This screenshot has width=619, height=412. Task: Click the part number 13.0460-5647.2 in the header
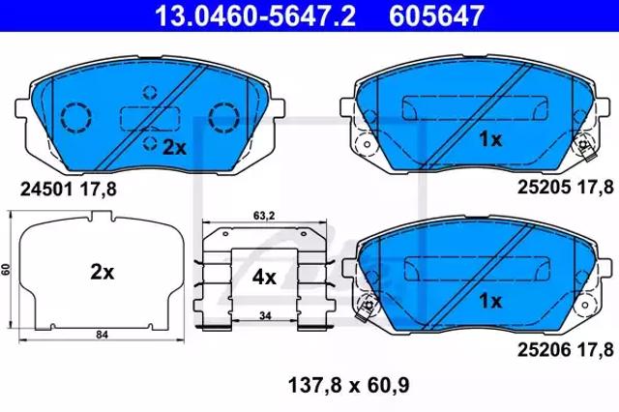click(x=255, y=15)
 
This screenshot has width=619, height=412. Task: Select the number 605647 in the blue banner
click(x=436, y=15)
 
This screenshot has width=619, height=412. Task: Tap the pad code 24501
click(x=46, y=190)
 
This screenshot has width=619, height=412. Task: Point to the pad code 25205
click(x=544, y=188)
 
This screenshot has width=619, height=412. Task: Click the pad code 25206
click(x=544, y=350)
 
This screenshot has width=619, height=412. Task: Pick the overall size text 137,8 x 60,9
click(x=349, y=385)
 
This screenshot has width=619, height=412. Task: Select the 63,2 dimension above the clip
click(x=264, y=216)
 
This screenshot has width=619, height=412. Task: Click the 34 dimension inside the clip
click(x=265, y=315)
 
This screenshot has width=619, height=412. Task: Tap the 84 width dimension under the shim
click(x=102, y=335)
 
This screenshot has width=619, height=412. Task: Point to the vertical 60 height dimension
click(x=6, y=270)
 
